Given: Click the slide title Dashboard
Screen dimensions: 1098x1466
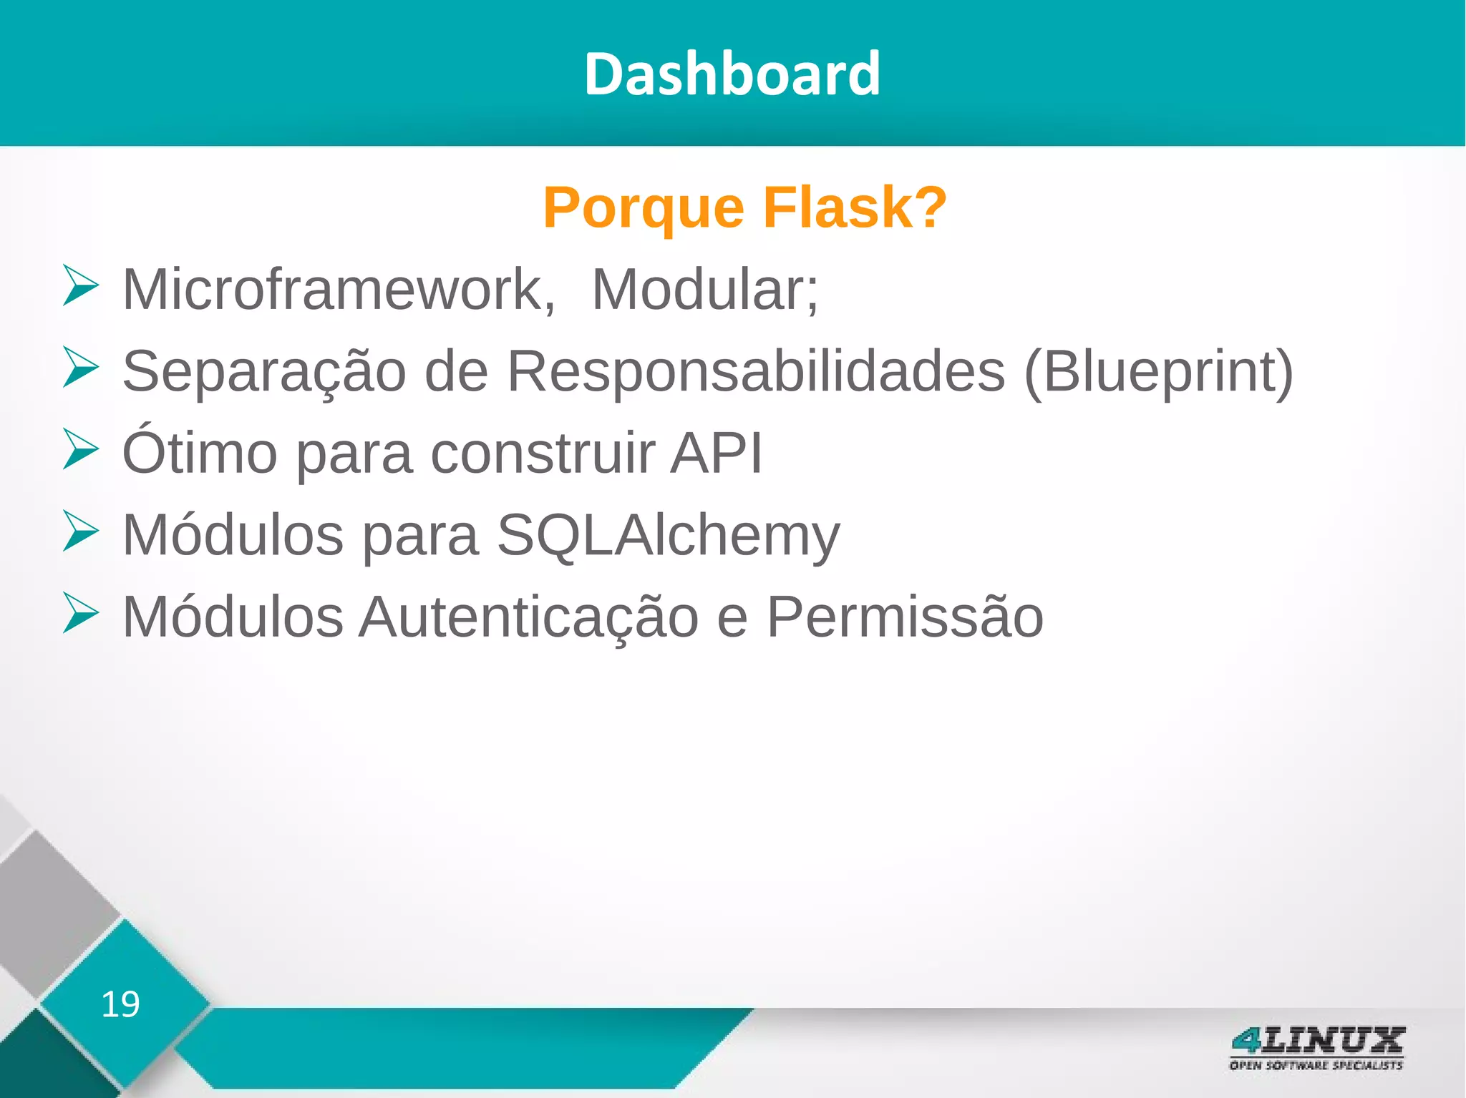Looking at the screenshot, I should click(732, 74).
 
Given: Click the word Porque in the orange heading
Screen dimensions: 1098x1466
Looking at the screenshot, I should click(644, 208).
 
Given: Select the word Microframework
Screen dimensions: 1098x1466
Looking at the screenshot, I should click(338, 289).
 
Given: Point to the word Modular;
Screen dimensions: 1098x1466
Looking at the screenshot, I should click(705, 289).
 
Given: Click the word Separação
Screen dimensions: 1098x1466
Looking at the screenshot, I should click(264, 372).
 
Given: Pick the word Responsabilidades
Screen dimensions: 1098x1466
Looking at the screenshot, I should click(756, 371).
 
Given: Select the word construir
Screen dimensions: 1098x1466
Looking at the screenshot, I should click(542, 453).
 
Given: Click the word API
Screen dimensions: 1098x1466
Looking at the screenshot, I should click(717, 453).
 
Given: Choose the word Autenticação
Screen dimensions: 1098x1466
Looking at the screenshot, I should click(529, 617).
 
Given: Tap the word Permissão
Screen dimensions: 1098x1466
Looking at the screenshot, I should click(905, 617).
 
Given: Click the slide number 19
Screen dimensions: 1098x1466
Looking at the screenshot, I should click(120, 1004).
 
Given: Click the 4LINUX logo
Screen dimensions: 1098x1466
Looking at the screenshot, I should click(1316, 1041).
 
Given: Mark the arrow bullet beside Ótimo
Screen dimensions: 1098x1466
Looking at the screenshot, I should click(79, 449).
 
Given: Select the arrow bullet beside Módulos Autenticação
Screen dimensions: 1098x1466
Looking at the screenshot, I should click(79, 613).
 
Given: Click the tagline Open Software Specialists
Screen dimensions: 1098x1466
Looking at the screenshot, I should click(1316, 1065).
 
